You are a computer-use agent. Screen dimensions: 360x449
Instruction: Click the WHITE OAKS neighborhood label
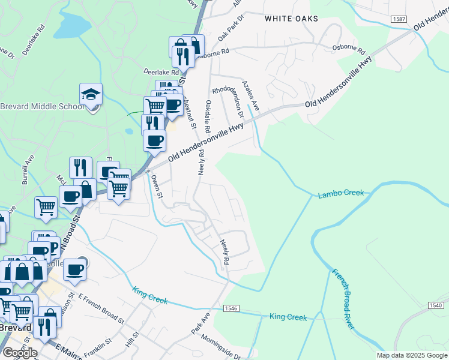[291, 19]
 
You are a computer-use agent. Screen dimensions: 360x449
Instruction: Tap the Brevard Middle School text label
[41, 107]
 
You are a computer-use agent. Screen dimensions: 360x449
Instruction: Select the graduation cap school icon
[91, 95]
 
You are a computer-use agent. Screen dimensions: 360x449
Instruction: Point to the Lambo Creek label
[341, 193]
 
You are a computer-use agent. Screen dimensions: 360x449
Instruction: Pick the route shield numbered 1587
[399, 19]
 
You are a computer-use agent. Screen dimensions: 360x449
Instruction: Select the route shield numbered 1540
[436, 305]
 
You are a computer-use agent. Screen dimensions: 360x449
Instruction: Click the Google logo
[20, 353]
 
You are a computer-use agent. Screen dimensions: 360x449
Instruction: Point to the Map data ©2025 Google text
[412, 355]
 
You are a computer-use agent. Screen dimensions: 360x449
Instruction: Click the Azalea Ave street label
[250, 95]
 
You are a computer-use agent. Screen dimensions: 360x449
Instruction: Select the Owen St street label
[157, 186]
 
